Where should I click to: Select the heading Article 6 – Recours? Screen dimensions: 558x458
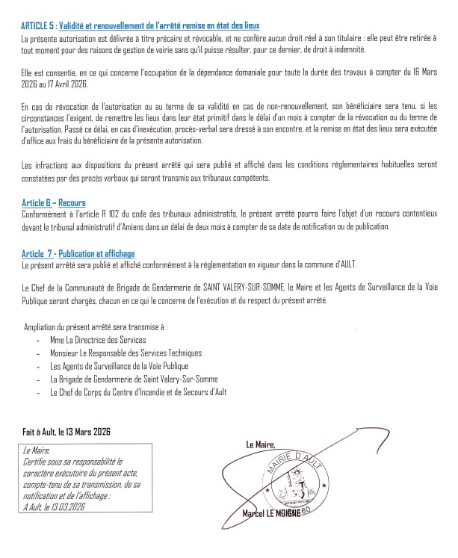click(54, 202)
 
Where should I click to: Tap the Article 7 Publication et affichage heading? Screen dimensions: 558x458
click(78, 254)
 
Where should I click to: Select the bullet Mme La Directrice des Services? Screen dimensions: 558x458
click(97, 340)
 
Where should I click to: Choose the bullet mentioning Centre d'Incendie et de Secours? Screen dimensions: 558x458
click(137, 391)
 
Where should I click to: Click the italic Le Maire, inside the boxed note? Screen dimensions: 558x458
click(37, 451)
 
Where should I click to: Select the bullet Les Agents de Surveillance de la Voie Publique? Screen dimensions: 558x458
click(120, 366)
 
